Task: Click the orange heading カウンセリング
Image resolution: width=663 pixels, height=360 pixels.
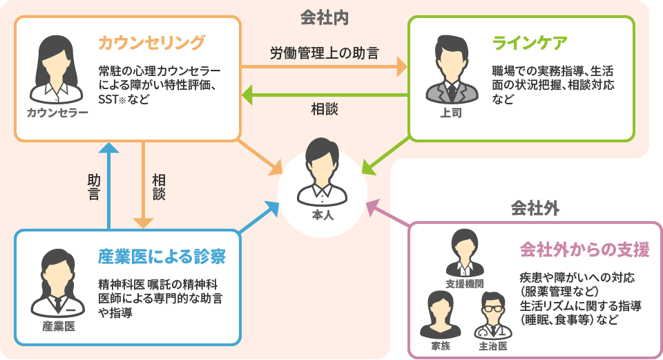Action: tap(152, 43)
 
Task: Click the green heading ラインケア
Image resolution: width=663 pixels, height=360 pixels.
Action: tap(530, 43)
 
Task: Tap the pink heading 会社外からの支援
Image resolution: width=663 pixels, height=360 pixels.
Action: tap(586, 249)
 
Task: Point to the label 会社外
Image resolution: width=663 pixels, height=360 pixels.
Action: tap(535, 207)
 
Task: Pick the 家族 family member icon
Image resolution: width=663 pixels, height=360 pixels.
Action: tap(440, 312)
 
